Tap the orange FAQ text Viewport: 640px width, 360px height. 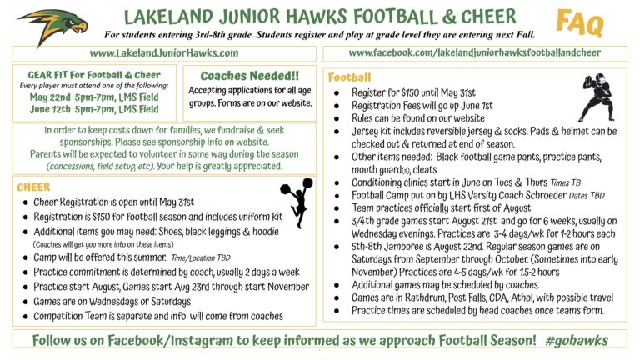(581, 22)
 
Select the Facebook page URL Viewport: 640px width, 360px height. (475, 52)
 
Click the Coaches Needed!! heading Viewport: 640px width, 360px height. (249, 75)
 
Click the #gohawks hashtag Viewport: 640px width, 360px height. (578, 341)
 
